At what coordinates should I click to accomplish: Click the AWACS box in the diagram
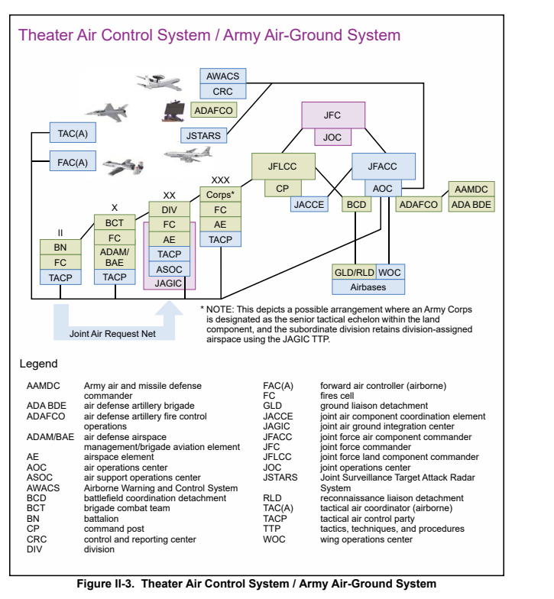point(223,76)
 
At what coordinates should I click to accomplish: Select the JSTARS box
point(203,136)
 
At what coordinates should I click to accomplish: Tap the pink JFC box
point(333,115)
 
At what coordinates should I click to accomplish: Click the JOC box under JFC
point(332,138)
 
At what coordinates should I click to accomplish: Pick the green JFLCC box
point(283,167)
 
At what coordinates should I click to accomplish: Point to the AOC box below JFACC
point(382,188)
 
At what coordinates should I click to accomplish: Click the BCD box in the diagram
point(356,205)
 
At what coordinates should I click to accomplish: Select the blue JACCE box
point(309,205)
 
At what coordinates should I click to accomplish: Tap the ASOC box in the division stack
point(170,269)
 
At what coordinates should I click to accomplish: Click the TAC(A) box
point(73,133)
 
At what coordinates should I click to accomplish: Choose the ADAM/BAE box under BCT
point(115,257)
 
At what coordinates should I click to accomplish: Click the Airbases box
point(368,287)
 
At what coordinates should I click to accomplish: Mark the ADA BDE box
point(471,205)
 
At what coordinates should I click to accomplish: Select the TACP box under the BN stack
point(60,277)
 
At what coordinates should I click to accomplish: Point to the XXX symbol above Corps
point(220,180)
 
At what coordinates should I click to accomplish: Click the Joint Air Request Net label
point(112,333)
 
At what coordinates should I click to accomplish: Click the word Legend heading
point(38,364)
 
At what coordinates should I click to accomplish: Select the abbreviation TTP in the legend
point(272,529)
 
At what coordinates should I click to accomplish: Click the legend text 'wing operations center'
point(366,539)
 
